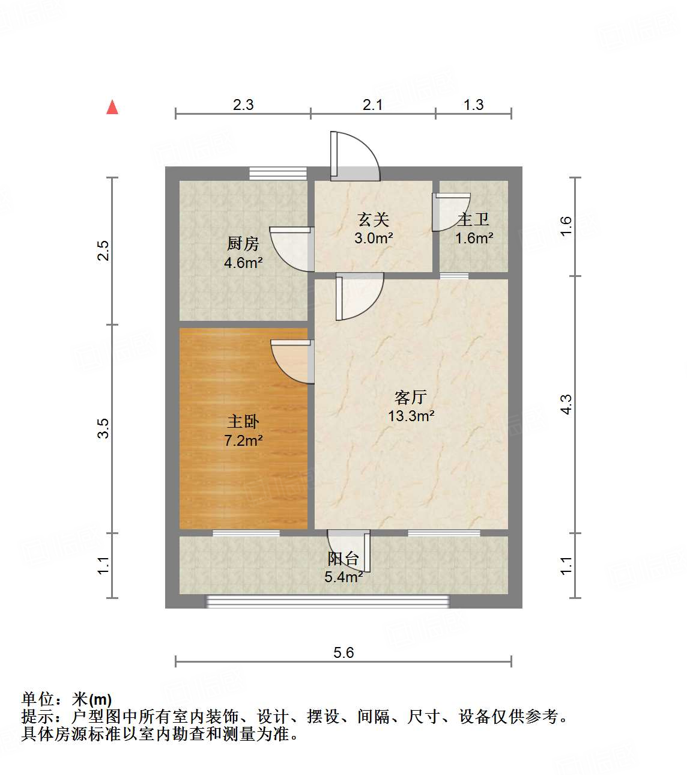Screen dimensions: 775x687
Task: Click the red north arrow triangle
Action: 112,107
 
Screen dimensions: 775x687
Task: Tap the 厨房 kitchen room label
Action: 243,243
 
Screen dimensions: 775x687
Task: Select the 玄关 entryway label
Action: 374,220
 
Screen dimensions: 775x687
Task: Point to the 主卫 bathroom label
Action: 473,220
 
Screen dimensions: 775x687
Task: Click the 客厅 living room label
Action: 411,397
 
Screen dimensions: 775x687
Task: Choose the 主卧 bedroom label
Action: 243,422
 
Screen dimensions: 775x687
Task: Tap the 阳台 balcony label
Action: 343,559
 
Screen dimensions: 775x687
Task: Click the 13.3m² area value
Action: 411,416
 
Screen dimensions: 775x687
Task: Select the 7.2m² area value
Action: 243,440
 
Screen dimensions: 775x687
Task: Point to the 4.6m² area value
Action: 243,262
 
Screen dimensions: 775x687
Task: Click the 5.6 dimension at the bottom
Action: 343,652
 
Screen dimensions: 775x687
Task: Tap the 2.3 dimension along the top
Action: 243,105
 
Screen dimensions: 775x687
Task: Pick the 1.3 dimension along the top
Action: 473,105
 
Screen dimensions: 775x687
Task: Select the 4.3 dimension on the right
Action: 566,404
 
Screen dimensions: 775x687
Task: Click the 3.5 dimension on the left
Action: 104,428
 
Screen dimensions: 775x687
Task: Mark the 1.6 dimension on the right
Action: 566,226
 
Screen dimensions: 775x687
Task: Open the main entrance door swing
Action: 356,156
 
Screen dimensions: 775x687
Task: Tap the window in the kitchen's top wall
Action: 278,174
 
